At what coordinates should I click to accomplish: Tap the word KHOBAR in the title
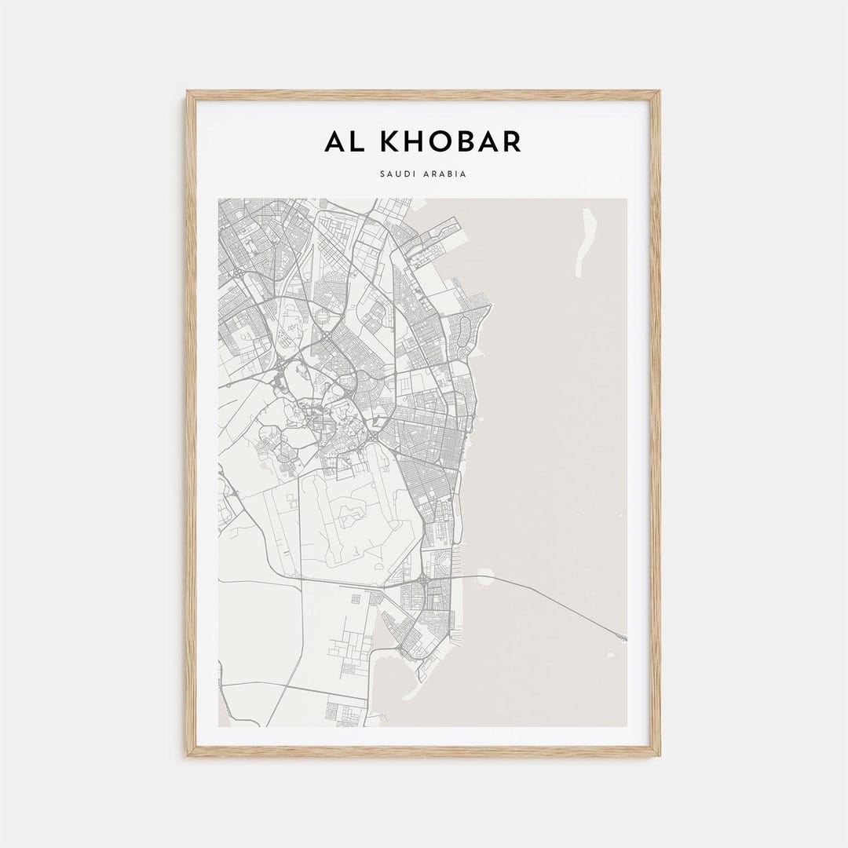(x=450, y=142)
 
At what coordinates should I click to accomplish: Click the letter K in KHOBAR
(x=390, y=142)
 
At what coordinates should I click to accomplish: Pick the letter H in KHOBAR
(x=415, y=142)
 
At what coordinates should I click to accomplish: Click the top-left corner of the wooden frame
(x=188, y=93)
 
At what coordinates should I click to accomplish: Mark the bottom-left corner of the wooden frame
(x=188, y=755)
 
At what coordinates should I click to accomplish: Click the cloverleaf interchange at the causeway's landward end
(x=423, y=582)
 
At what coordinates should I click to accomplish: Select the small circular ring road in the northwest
(x=323, y=316)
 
